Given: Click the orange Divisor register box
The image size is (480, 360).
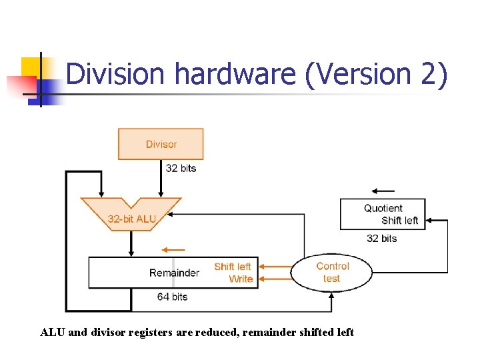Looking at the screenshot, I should (161, 144).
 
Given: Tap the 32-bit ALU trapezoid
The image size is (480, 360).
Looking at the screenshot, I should (131, 213).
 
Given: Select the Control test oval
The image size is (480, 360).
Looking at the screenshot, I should (331, 272).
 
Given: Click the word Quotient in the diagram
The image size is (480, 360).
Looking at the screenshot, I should (383, 208).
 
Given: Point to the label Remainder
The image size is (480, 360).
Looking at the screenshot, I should (174, 273).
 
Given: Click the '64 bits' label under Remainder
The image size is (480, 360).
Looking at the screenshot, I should (172, 297).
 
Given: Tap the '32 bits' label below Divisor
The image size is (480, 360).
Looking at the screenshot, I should (181, 168).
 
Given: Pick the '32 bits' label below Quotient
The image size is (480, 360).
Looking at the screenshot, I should (381, 238).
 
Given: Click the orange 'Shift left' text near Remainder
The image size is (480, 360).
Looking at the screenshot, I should (233, 267).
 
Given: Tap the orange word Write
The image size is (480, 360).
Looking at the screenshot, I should (241, 279).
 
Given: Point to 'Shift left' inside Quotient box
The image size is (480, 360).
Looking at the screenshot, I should (399, 220).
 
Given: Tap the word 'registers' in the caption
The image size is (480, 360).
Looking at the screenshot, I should (172, 332).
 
